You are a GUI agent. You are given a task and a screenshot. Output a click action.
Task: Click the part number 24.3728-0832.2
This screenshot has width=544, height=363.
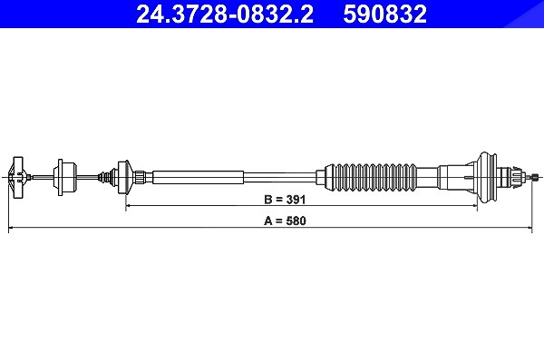click(x=225, y=14)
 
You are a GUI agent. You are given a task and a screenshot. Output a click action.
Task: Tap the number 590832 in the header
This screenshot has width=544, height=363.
click(x=384, y=14)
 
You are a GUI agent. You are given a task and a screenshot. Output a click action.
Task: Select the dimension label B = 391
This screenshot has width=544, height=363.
click(x=285, y=200)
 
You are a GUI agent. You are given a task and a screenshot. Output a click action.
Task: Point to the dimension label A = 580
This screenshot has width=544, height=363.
click(x=285, y=221)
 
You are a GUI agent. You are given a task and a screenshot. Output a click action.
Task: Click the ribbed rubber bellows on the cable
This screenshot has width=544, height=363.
click(x=371, y=177)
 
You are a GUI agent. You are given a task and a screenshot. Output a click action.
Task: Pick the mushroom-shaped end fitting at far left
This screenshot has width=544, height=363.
click(x=17, y=177)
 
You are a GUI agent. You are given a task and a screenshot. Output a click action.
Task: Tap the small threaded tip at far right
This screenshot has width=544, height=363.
click(x=535, y=178)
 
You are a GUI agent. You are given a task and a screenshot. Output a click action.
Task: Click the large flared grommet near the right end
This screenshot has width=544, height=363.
click(x=486, y=177)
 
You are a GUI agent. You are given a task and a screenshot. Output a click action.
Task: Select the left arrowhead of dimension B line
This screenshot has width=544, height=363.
click(x=128, y=206)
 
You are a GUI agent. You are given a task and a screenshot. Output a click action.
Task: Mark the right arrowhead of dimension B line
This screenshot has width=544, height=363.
click(x=475, y=206)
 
